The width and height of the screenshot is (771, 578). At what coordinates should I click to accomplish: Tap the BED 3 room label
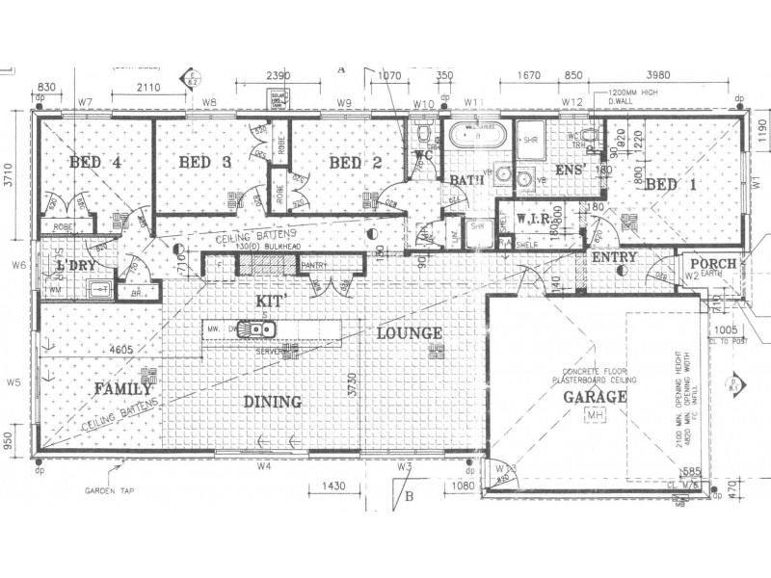pyautogui.click(x=204, y=163)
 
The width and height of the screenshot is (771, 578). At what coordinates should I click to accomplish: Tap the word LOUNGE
pyautogui.click(x=410, y=333)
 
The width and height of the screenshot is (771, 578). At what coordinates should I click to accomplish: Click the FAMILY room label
pyautogui.click(x=121, y=390)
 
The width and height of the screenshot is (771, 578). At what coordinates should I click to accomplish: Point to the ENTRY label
pyautogui.click(x=613, y=257)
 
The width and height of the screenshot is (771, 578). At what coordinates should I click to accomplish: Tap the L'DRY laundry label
pyautogui.click(x=74, y=264)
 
